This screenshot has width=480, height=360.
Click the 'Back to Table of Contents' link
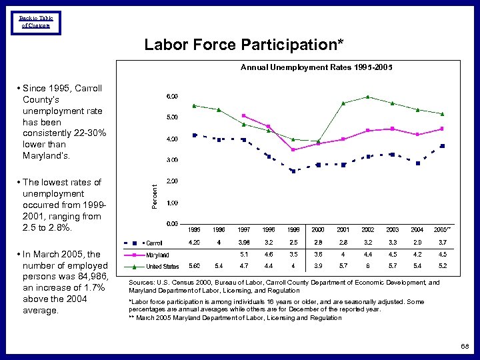click(36, 22)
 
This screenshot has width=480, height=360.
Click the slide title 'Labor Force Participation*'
click(244, 45)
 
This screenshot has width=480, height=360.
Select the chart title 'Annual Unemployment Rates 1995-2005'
click(316, 67)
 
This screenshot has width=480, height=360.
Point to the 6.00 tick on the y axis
click(172, 97)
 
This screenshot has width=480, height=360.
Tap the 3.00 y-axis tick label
click(172, 160)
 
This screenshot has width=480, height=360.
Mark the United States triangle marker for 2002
click(367, 97)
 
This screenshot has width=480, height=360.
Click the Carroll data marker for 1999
click(293, 171)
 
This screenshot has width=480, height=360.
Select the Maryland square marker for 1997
click(244, 116)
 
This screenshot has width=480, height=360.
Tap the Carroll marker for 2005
click(442, 145)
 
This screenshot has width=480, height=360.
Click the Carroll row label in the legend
click(154, 243)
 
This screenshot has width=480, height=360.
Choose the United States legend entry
click(162, 267)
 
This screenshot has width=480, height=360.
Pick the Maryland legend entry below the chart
click(157, 255)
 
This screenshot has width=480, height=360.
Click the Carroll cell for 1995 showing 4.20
click(195, 242)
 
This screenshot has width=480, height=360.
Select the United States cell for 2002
click(367, 266)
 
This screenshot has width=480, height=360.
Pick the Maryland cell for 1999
click(293, 254)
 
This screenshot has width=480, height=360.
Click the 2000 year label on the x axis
click(318, 230)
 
